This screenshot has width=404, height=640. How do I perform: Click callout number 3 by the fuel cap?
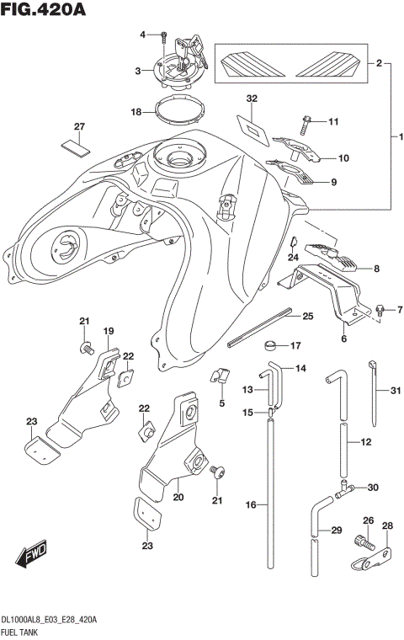(x=139, y=72)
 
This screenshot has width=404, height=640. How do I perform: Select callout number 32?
(x=251, y=99)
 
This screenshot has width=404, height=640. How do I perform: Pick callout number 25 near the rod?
(x=308, y=316)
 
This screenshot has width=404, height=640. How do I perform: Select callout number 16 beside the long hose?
(x=250, y=504)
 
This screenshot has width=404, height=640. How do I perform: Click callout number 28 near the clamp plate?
(x=387, y=527)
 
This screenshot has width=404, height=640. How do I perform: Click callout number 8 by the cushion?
(x=376, y=269)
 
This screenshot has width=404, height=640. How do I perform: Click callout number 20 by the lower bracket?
(x=178, y=498)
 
